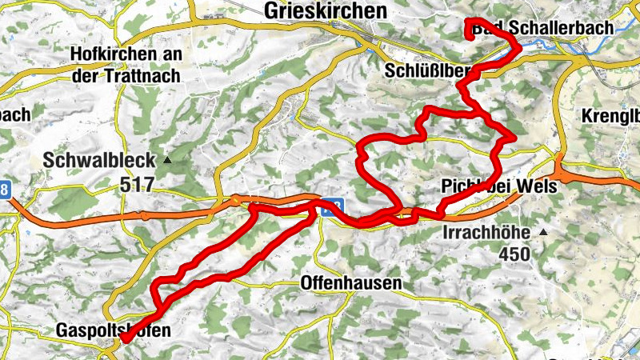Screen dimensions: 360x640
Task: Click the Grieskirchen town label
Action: (324, 10)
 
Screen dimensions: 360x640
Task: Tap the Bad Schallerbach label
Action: (544, 28)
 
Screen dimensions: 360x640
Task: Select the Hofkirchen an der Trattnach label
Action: (126, 65)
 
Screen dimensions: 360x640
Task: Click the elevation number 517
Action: (136, 185)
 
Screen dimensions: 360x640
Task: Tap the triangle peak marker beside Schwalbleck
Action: (167, 160)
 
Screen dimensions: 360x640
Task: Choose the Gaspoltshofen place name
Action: (114, 330)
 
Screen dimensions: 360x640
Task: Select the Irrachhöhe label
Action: (488, 233)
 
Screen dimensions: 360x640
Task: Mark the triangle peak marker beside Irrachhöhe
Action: (543, 232)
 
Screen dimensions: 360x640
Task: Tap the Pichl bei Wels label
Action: (497, 186)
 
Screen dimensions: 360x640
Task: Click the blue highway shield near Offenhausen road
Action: (332, 206)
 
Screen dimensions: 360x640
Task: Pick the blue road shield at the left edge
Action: (5, 190)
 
